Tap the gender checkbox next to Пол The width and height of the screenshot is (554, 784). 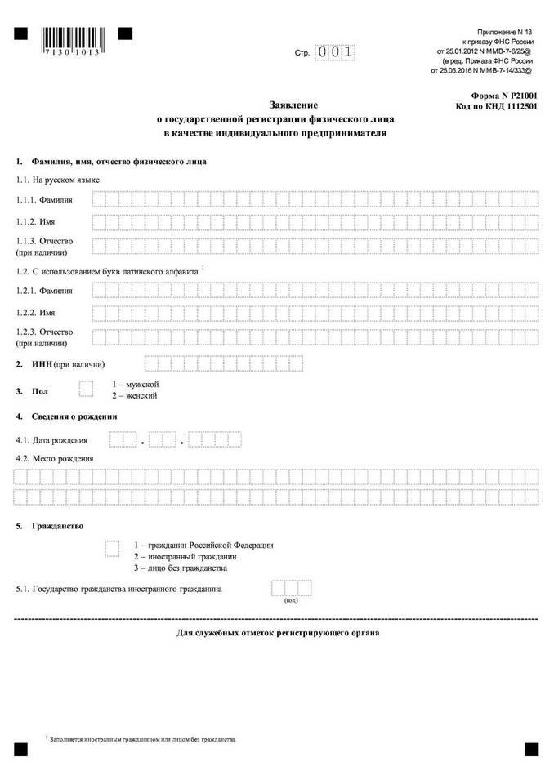pos(86,389)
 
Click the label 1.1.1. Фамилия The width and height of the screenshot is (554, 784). pos(44,199)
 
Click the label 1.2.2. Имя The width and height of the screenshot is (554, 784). pos(38,313)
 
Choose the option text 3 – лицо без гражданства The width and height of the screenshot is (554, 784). pos(180,568)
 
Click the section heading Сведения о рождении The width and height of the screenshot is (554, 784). pos(74,416)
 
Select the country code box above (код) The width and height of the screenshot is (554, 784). pos(291,588)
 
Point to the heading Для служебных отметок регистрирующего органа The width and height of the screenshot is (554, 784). pos(278,633)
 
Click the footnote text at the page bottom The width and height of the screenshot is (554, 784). pos(143,738)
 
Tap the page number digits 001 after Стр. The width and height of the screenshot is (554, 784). pos(337,52)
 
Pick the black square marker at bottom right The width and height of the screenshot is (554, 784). pos(531,748)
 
